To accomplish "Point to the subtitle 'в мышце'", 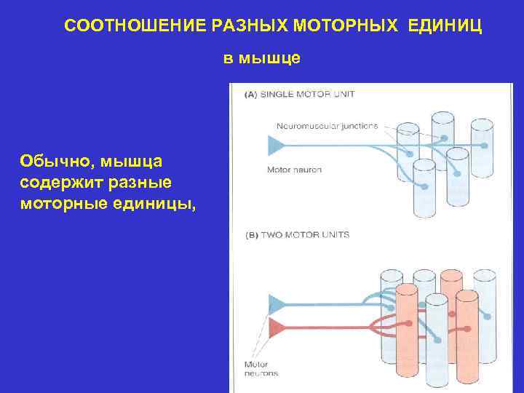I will (261, 59).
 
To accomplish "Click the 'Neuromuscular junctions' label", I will (327, 125).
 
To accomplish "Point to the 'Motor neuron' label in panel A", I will (295, 170).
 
